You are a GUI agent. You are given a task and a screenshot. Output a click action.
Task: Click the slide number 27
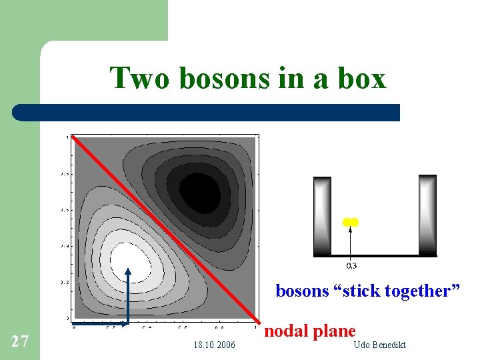coord(20,341)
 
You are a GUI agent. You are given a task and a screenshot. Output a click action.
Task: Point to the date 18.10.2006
coord(213,345)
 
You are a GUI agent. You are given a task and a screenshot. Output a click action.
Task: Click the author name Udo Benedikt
coord(378,345)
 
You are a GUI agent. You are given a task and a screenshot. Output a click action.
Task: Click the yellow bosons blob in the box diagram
coord(351,222)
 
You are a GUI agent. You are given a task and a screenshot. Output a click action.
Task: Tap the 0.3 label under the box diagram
coord(351,265)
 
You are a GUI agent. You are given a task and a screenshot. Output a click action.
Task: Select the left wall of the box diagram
coord(322,215)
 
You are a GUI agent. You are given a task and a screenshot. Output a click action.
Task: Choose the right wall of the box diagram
coord(427,215)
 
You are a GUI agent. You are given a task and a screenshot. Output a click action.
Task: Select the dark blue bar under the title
coord(207,112)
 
